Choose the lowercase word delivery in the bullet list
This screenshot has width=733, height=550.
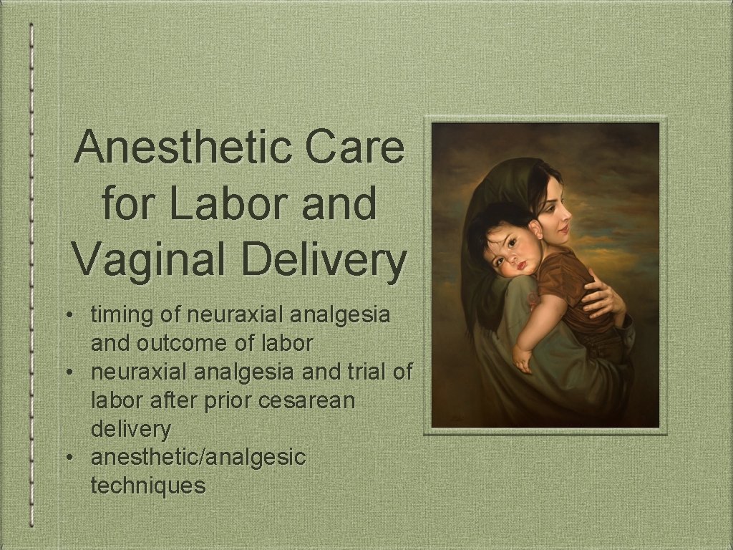click(131, 428)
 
